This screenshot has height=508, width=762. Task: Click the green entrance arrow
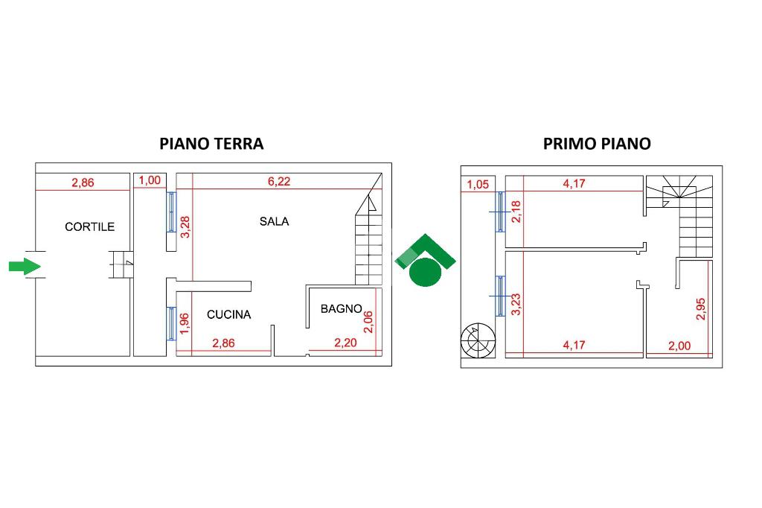(24, 266)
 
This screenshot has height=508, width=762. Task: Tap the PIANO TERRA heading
(212, 144)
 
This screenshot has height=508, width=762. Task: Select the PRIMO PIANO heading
(597, 144)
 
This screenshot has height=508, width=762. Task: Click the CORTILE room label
(90, 226)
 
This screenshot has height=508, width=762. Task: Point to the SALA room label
(274, 221)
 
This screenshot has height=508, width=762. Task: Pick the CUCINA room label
(228, 315)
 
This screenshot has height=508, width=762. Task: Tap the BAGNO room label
(341, 308)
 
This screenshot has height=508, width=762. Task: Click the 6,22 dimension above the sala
(280, 180)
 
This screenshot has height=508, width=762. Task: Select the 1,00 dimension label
(150, 180)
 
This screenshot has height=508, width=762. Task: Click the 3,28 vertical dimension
(186, 226)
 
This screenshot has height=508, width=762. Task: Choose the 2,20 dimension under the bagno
(345, 343)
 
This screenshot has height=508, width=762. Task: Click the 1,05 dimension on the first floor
(478, 185)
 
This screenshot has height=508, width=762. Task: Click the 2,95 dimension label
(700, 309)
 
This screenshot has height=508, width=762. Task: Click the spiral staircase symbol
(477, 342)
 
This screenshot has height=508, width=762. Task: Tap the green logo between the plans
(425, 261)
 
